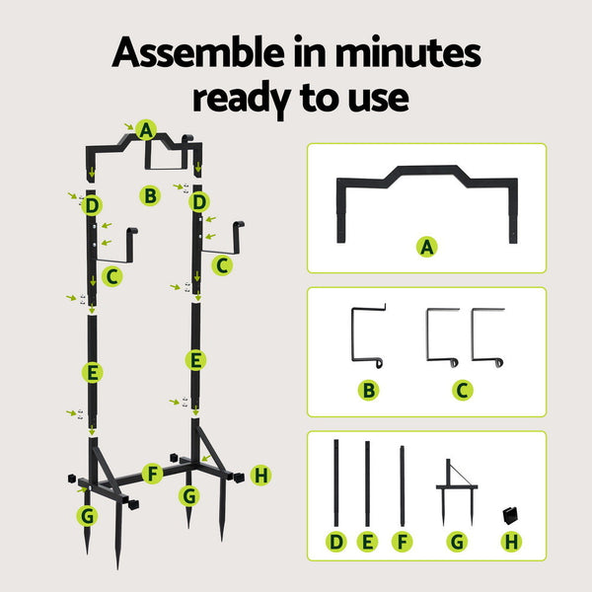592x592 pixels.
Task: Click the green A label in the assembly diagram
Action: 147,129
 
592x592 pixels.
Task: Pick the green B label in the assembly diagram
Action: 149,195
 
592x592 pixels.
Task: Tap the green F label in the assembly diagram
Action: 152,473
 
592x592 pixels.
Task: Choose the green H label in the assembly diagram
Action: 260,476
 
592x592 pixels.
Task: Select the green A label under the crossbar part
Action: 426,248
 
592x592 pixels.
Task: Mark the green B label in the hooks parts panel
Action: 368,390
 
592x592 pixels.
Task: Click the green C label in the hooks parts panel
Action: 463,390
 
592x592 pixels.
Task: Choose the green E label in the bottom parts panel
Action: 368,542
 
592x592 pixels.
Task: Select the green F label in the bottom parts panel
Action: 402,542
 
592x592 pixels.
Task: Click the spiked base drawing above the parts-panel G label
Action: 456,488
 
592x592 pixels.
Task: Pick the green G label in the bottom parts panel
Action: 456,542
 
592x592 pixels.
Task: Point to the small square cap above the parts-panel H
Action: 509,514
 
